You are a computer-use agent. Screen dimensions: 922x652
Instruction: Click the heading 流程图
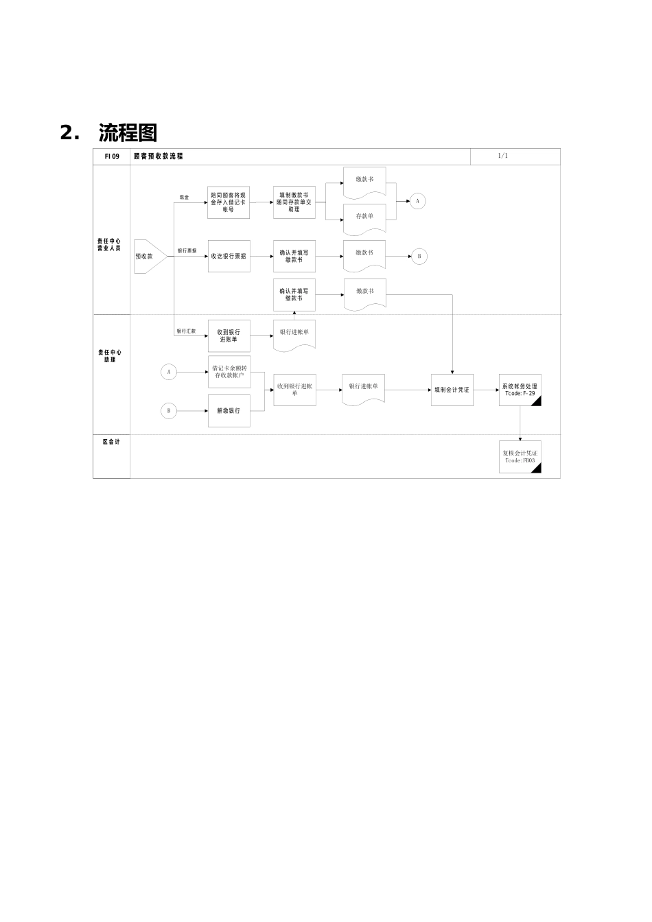pos(128,132)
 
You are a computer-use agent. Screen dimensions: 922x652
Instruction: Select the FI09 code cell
pos(112,156)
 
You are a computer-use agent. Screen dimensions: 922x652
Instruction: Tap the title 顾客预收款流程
pos(159,156)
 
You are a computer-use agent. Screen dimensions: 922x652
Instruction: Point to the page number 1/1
pos(503,156)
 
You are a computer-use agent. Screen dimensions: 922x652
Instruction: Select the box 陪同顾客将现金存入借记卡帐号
pos(229,202)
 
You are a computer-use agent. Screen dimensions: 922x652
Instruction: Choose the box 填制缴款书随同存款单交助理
pos(294,202)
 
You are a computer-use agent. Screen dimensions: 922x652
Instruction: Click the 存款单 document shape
pos(364,217)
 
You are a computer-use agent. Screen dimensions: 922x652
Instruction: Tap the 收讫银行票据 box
pos(229,256)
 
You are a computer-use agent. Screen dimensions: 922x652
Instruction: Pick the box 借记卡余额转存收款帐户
pos(229,372)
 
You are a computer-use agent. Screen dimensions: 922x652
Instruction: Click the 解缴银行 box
pos(229,411)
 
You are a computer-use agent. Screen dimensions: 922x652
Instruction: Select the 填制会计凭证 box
pos(452,390)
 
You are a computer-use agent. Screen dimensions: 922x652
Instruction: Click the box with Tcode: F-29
pos(520,390)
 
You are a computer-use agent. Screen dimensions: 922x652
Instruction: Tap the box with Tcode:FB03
pos(520,457)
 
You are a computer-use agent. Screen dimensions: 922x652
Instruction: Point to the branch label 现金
pos(184,198)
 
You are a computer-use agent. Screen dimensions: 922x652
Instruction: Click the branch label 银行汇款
pos(186,331)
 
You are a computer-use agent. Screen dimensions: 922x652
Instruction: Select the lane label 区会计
pos(111,442)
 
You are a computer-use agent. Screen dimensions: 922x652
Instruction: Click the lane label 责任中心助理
pos(110,356)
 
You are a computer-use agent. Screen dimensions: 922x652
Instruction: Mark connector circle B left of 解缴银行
pos(169,411)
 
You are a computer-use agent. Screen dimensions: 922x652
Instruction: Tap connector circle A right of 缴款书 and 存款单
pos(417,201)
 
